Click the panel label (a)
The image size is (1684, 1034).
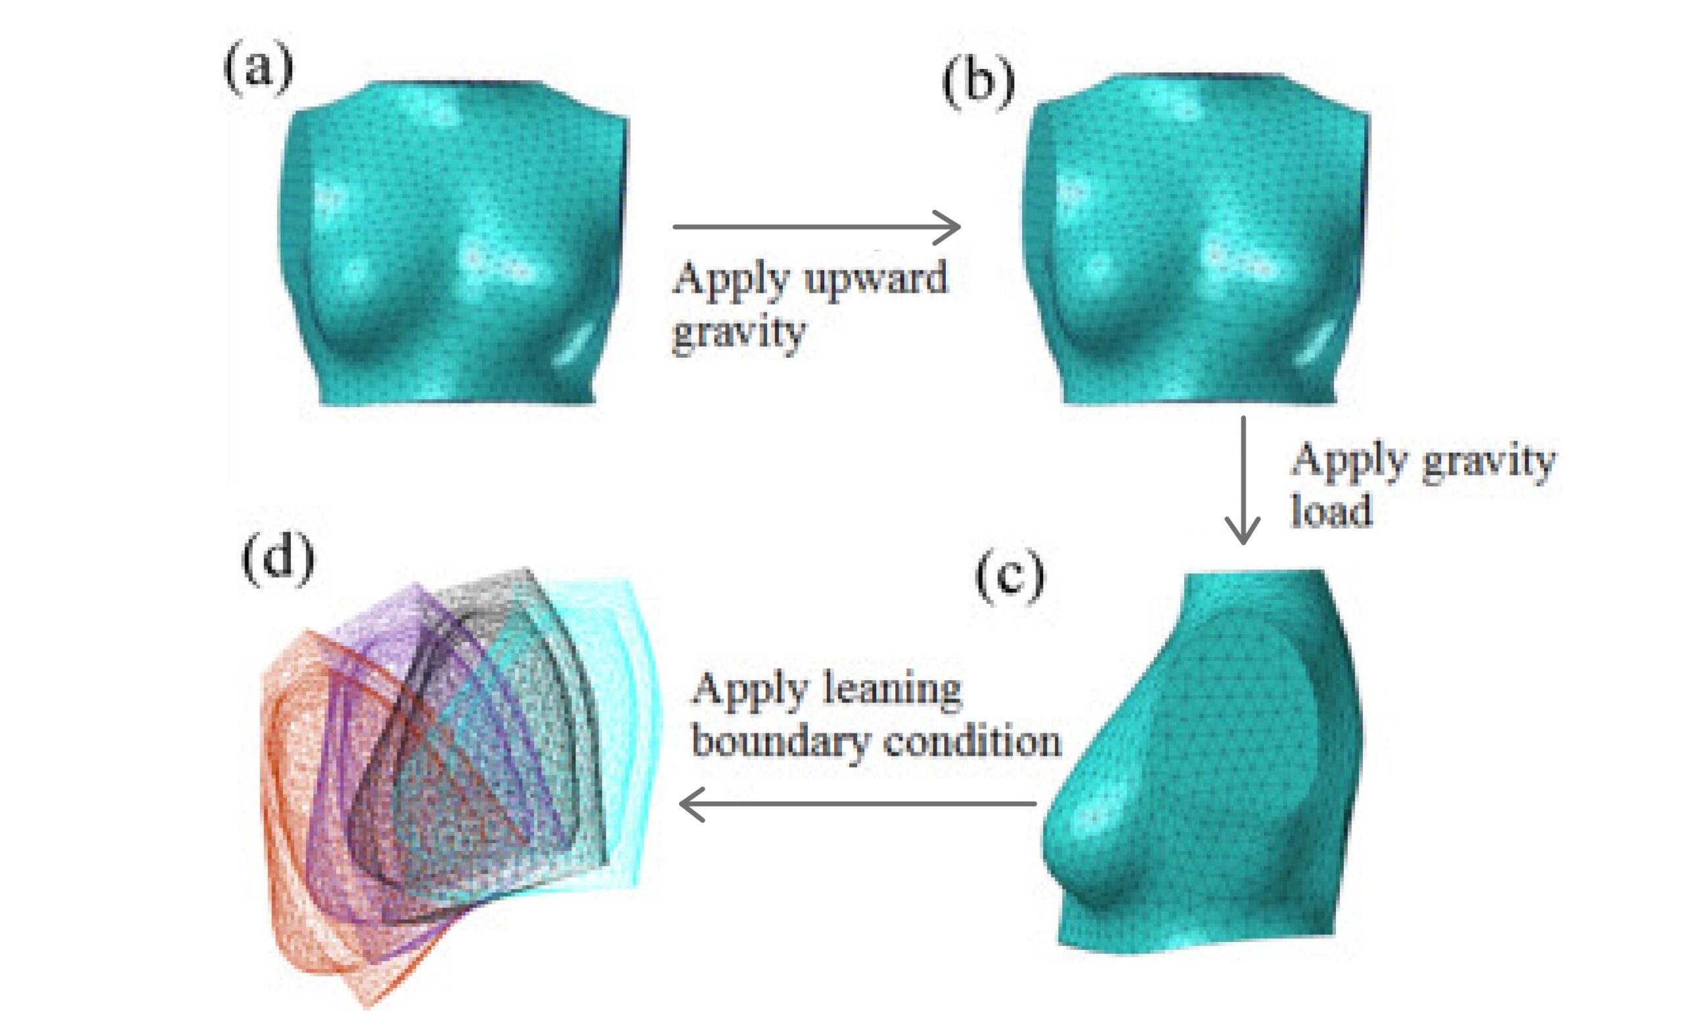[259, 70]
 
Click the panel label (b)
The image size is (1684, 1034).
[978, 84]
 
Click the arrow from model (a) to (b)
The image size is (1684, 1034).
[816, 227]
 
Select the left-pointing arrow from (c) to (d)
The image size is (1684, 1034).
[857, 804]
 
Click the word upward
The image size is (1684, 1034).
[876, 279]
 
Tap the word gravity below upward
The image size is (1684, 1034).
[739, 333]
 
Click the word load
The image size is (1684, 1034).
[1331, 510]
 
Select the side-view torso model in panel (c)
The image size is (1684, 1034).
[1203, 759]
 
